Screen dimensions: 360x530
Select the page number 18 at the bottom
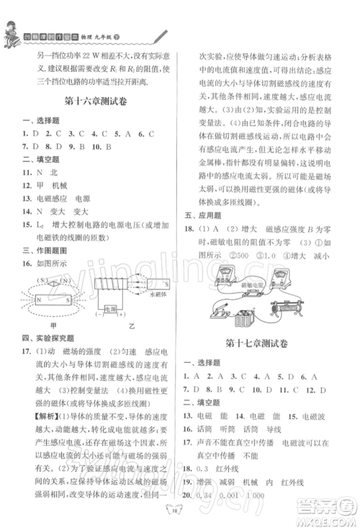[179, 511]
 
